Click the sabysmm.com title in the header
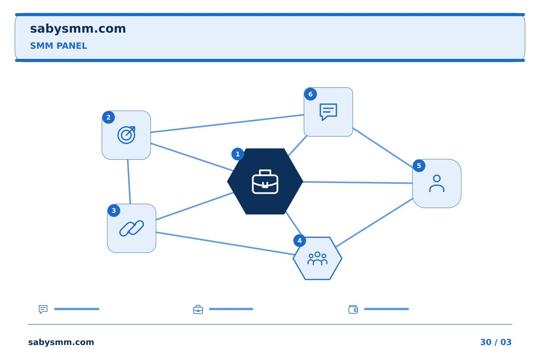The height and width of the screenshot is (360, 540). [78, 29]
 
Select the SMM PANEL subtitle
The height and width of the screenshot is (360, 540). [58, 46]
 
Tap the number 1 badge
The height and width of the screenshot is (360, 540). [238, 154]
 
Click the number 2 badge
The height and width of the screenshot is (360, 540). [108, 117]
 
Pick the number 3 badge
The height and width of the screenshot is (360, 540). [114, 210]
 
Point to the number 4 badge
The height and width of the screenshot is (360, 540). [300, 241]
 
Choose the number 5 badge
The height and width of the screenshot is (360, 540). [419, 166]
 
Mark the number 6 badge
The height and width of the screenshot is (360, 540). [310, 94]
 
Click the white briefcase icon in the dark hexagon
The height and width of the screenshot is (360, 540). [265, 182]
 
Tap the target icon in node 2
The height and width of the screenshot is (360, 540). [126, 135]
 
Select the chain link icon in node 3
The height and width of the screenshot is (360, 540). [132, 228]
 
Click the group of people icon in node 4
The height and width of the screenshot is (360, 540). [318, 258]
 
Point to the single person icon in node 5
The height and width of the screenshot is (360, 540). [437, 183]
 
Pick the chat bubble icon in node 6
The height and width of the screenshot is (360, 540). [328, 112]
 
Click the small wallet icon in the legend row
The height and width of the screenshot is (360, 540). [353, 309]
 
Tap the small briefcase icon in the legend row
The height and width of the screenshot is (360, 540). [198, 309]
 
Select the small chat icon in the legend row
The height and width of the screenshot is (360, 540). [43, 309]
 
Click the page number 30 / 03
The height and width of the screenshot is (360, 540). [496, 342]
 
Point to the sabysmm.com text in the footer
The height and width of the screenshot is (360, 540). [61, 342]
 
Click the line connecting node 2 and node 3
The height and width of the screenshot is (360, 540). [129, 182]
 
